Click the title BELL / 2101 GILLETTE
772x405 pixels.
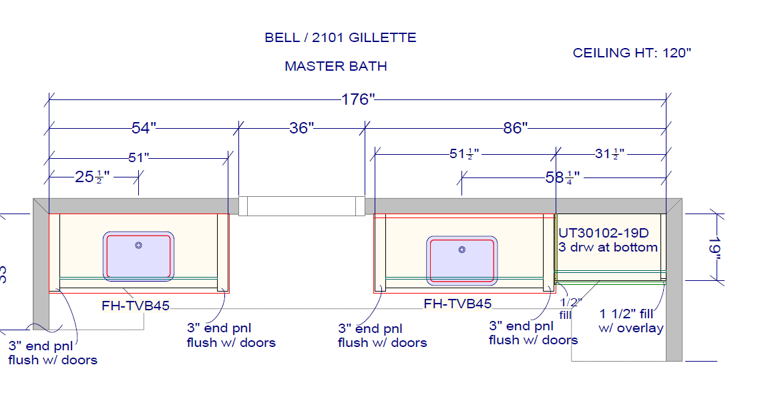(341, 37)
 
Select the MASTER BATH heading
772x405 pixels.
(336, 66)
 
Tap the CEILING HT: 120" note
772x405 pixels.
(632, 53)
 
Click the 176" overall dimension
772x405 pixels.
(358, 100)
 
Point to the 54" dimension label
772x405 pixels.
(144, 127)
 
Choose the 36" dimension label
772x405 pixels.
(301, 127)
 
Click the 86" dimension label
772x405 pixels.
(516, 127)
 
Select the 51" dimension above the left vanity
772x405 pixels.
(138, 157)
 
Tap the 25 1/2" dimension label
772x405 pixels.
(91, 177)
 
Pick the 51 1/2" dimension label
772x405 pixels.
(465, 155)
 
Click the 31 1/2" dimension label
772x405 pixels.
(610, 155)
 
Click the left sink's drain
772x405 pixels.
(139, 246)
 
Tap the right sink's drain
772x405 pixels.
(462, 250)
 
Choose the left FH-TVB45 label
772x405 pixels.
(136, 306)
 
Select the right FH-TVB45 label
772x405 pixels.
(457, 304)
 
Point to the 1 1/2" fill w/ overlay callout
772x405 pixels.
(631, 320)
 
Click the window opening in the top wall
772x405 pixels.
(302, 206)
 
